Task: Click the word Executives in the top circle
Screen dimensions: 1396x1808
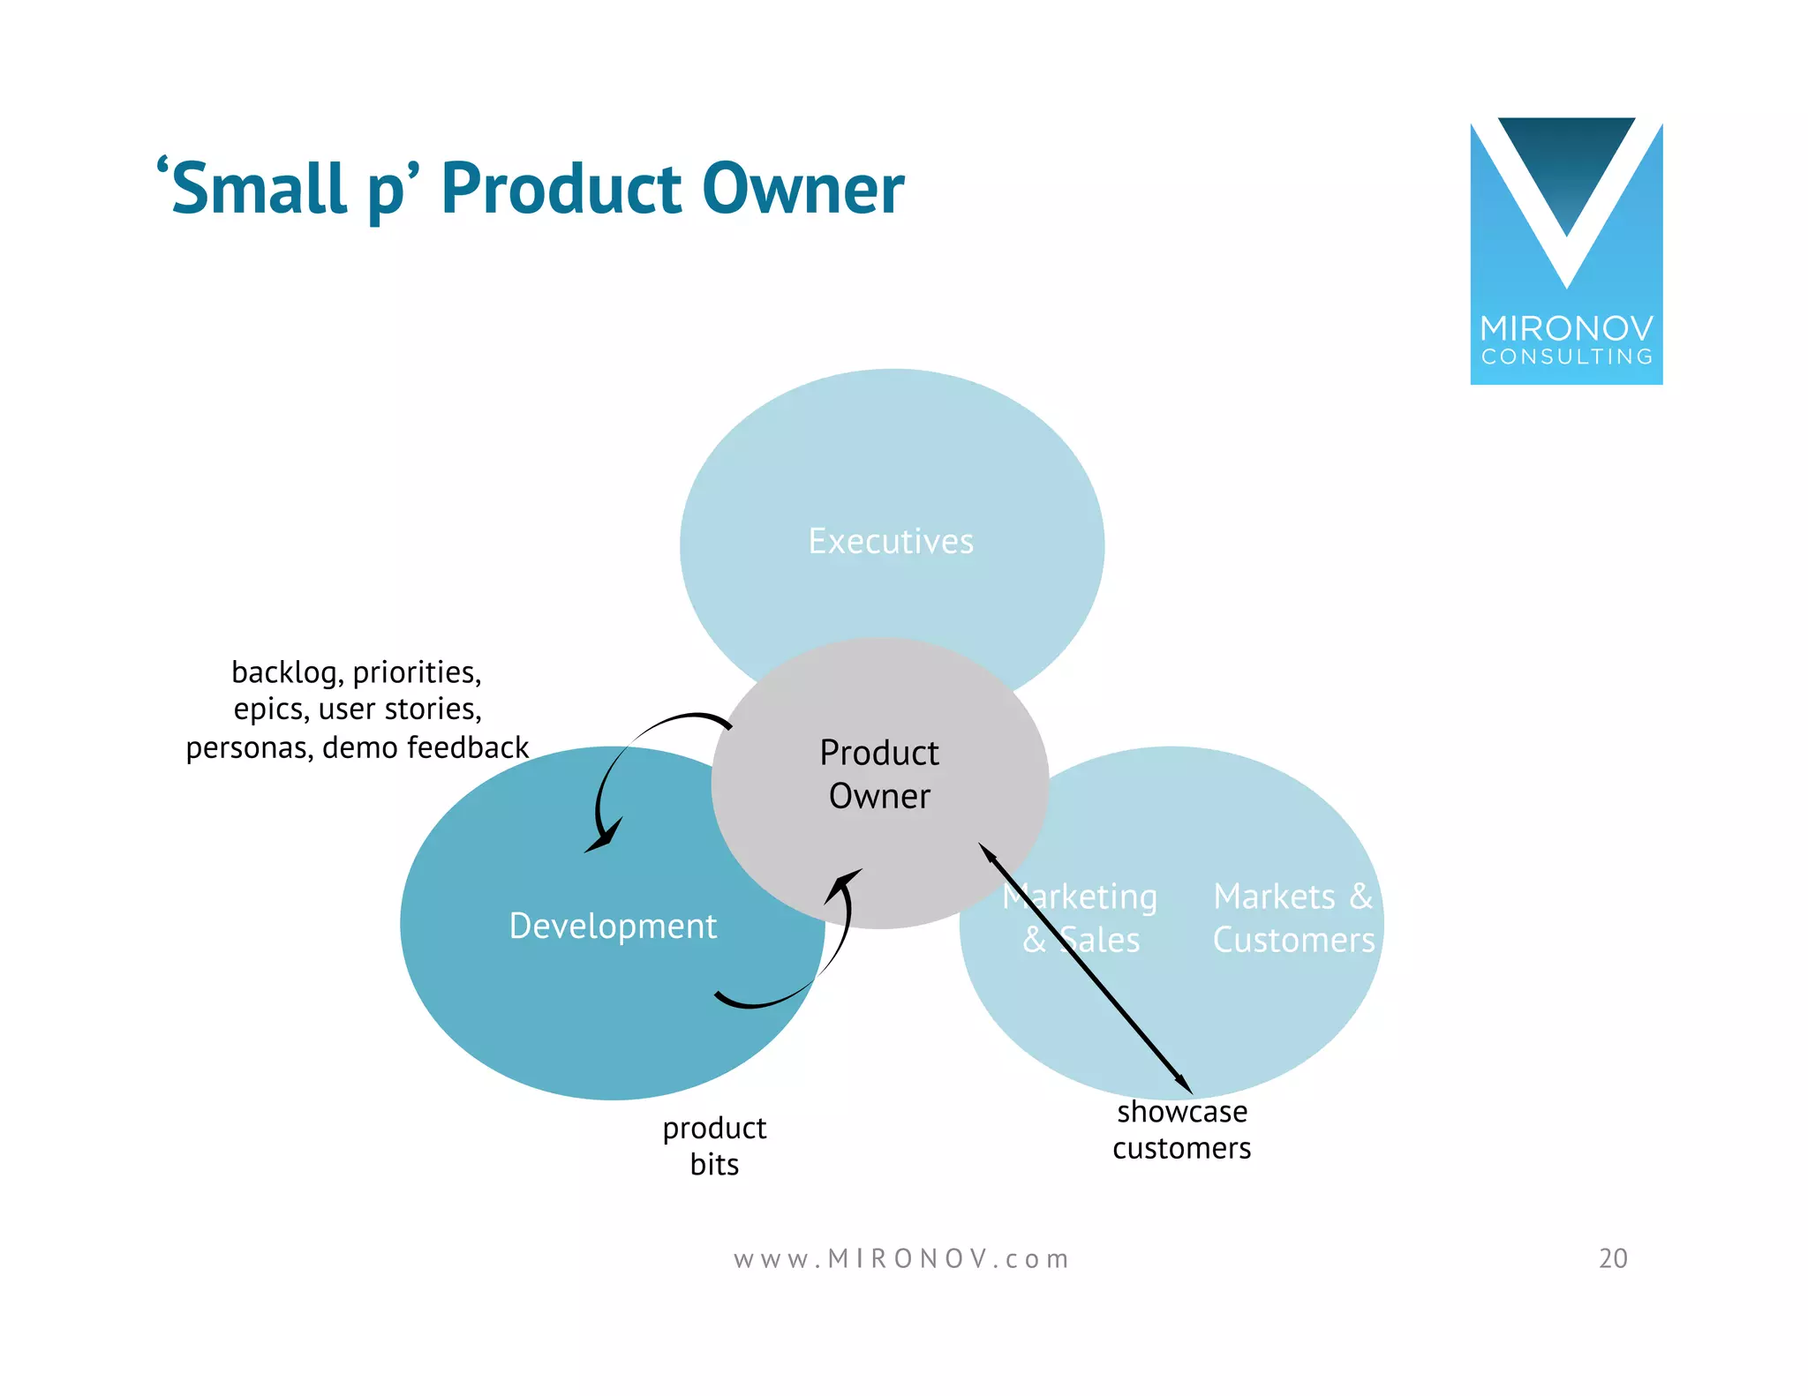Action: coord(891,541)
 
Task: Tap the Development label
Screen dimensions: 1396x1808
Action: coord(613,926)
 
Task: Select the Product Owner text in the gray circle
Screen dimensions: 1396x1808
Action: coord(879,774)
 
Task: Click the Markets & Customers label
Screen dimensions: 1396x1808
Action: coord(1293,918)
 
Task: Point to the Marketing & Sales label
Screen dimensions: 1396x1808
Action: coord(1081,918)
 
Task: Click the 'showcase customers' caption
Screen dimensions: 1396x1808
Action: coord(1181,1130)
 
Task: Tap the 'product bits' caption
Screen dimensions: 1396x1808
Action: coord(714,1145)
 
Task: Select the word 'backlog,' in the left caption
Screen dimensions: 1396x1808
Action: coord(287,672)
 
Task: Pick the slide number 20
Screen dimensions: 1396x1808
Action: coord(1613,1258)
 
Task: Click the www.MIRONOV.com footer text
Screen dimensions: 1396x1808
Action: coord(901,1258)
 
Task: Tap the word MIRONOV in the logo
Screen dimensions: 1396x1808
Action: coord(1566,328)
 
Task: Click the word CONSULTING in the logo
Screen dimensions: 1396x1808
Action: coord(1566,357)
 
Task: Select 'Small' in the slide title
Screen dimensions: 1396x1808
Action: coord(258,189)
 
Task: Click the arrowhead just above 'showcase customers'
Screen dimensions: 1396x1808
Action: coord(1184,1085)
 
